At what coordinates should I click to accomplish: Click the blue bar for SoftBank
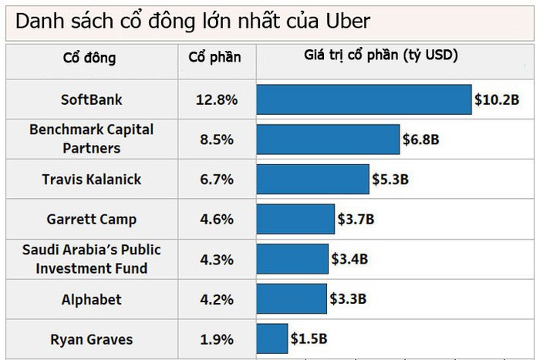363,99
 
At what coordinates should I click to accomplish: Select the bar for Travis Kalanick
312,180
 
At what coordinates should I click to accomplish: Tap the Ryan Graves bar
272,338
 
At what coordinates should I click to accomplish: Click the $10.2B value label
498,100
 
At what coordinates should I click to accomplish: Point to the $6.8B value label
421,140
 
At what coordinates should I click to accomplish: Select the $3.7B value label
356,220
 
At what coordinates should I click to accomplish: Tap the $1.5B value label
309,338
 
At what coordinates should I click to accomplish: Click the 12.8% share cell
216,100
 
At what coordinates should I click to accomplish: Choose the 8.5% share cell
216,140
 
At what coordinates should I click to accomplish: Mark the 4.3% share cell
216,260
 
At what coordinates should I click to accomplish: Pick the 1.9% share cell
216,338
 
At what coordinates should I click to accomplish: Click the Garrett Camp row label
92,220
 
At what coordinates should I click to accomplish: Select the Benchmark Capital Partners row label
92,139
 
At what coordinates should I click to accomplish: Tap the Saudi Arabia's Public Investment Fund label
92,259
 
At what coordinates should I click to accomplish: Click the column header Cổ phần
215,57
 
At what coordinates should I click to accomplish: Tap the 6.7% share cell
216,180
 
